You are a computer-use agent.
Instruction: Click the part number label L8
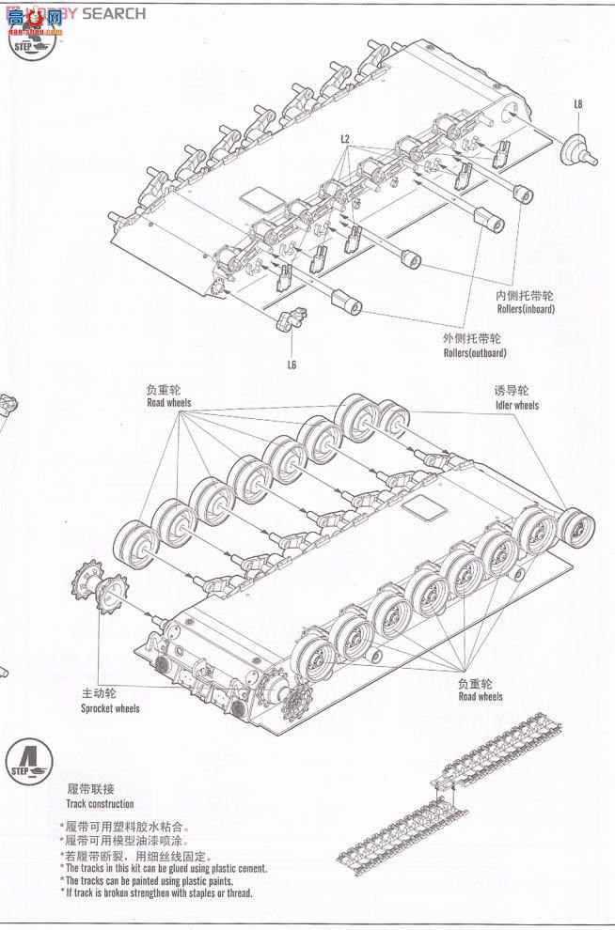pyautogui.click(x=578, y=104)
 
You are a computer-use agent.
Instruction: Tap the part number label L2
pyautogui.click(x=345, y=139)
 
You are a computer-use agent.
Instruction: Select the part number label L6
pyautogui.click(x=292, y=364)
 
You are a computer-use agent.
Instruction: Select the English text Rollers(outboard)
pyautogui.click(x=475, y=353)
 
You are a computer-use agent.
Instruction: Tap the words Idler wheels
pyautogui.click(x=516, y=406)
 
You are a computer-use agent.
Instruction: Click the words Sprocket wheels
pyautogui.click(x=110, y=708)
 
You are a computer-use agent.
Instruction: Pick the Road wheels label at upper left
pyautogui.click(x=168, y=403)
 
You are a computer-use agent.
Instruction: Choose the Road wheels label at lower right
pyautogui.click(x=480, y=697)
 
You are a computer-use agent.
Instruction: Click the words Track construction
pyautogui.click(x=100, y=804)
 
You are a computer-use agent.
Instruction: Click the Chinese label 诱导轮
pyautogui.click(x=512, y=390)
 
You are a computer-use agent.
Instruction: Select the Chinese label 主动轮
pyautogui.click(x=99, y=693)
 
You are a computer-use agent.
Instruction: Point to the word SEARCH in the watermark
pyautogui.click(x=114, y=13)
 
